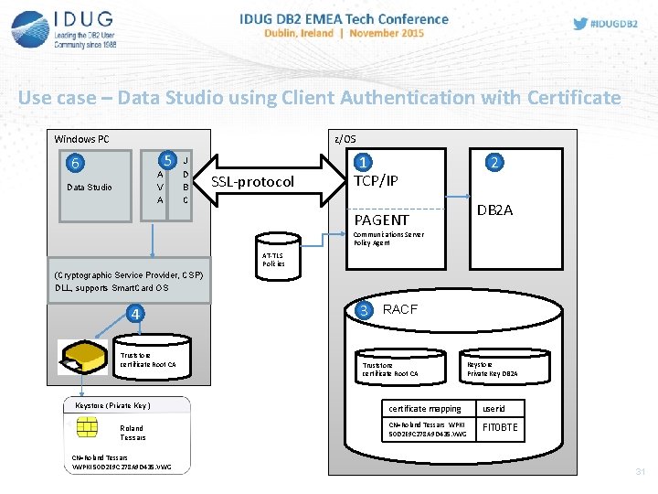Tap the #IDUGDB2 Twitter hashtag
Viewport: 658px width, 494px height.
pos(607,24)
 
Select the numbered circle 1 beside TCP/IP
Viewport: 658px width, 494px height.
pos(364,163)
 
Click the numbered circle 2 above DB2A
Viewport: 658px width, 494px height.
pos(494,163)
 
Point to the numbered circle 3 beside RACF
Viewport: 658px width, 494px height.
pos(365,310)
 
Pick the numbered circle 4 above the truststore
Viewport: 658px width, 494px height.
pos(135,315)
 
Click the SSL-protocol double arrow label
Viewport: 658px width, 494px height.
pos(253,182)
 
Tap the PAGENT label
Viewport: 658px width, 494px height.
pos(381,220)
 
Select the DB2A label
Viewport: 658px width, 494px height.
pos(494,210)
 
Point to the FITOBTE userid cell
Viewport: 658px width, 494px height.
pos(500,427)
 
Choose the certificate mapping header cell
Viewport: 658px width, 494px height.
pos(425,409)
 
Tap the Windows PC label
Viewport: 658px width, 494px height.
pos(81,139)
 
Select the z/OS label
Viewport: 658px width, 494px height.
pos(345,139)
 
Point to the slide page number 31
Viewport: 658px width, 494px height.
pos(640,472)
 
